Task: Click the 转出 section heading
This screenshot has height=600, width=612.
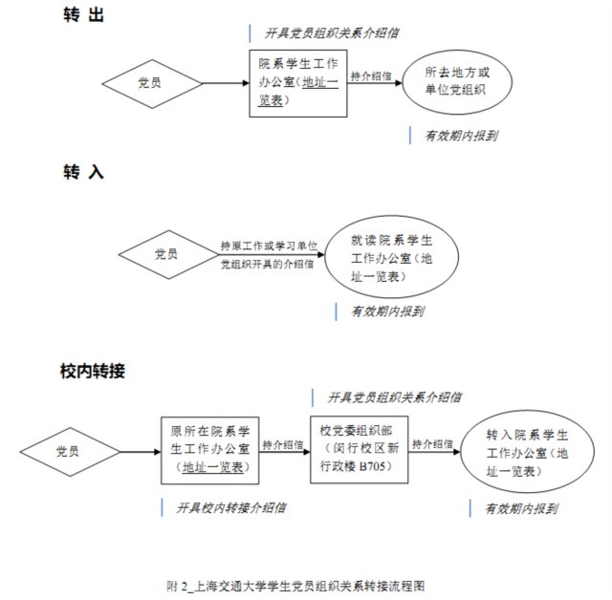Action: point(83,15)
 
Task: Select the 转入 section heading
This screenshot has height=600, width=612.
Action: point(83,172)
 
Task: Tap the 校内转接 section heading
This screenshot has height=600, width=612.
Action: point(93,371)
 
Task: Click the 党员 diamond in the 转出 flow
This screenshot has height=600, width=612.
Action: point(152,83)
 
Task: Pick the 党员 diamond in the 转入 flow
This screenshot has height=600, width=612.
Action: point(168,254)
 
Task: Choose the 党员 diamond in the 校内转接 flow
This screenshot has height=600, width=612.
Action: point(70,452)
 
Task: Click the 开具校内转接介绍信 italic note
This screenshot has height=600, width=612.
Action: point(231,507)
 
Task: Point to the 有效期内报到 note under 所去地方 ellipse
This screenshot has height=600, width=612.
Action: point(461,136)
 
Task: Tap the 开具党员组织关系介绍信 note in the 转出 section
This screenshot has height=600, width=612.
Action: point(332,33)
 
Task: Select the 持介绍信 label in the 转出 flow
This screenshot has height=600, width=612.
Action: point(371,75)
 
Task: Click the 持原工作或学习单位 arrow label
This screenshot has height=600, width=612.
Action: point(269,246)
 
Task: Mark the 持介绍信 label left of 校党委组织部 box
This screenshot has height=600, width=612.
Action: point(283,444)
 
